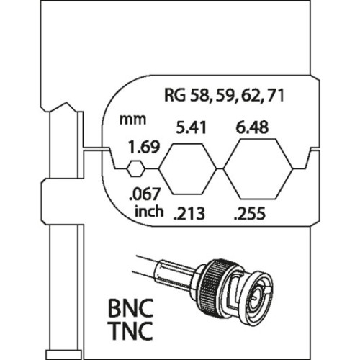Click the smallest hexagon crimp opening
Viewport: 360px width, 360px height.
[136, 169]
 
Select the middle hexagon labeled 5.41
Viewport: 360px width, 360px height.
[188, 169]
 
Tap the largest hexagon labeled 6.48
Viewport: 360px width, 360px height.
[258, 169]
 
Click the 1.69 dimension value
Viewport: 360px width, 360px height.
[144, 147]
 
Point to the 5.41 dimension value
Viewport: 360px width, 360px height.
[191, 127]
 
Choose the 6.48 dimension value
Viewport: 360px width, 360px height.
[252, 127]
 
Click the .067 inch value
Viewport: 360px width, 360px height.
[144, 194]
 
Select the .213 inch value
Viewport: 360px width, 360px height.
[189, 214]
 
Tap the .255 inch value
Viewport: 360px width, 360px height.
[250, 214]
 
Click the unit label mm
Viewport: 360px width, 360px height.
[133, 120]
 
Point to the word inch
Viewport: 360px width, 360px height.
[149, 211]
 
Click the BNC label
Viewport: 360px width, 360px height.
[130, 308]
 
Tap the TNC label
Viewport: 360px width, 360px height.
[130, 330]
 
